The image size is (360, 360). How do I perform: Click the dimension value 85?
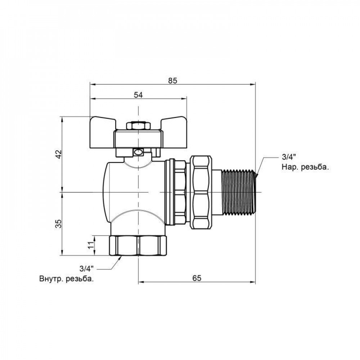pos(172,81)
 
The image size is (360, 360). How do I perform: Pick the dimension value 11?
pos(91,246)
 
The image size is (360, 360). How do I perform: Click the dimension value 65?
pos(197,278)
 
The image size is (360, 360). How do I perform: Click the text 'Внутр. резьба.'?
pos(67,279)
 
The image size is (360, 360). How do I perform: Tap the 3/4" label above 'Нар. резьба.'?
pos(288,157)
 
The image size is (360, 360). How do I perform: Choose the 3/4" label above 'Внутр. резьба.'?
pos(86,268)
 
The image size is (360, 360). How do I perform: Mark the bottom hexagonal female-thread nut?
pos(138,246)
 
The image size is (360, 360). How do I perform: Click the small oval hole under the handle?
pos(138,152)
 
